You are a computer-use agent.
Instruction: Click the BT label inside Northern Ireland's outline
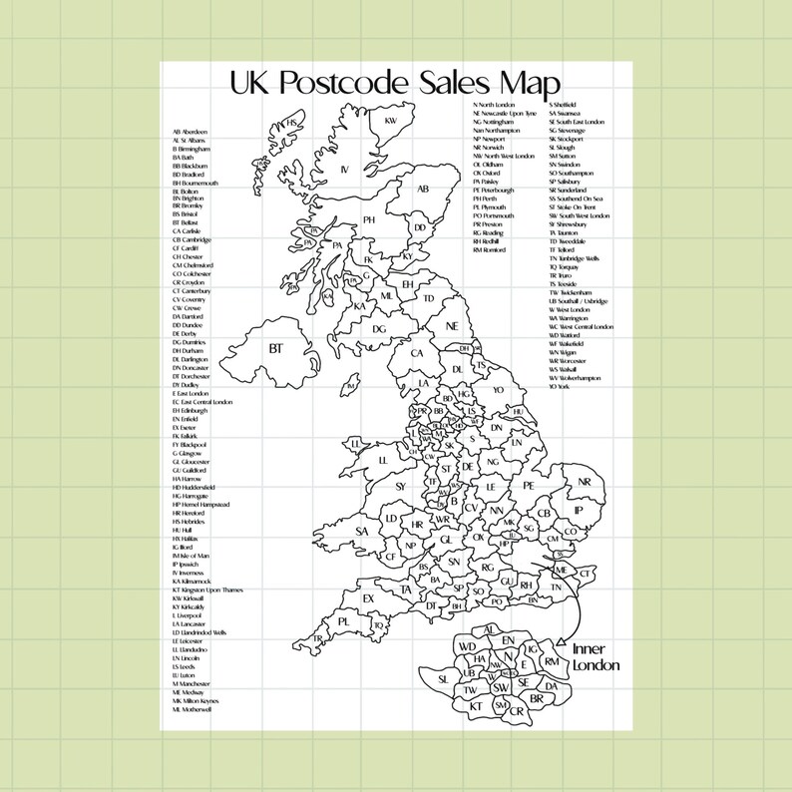[274, 348]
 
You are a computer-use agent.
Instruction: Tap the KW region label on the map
[391, 121]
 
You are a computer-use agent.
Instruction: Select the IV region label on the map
[345, 170]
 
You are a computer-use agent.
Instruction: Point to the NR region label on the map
[585, 483]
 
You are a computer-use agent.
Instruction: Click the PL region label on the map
[344, 620]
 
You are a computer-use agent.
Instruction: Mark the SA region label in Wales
[361, 532]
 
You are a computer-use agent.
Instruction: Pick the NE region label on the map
[451, 326]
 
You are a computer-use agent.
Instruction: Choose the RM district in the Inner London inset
[551, 662]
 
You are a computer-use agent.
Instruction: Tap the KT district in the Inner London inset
[475, 705]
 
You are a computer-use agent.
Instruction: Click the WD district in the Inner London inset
[467, 647]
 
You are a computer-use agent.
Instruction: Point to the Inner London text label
[595, 657]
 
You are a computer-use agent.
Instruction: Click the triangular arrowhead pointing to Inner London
[562, 642]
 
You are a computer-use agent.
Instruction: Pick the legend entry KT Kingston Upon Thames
[207, 591]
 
